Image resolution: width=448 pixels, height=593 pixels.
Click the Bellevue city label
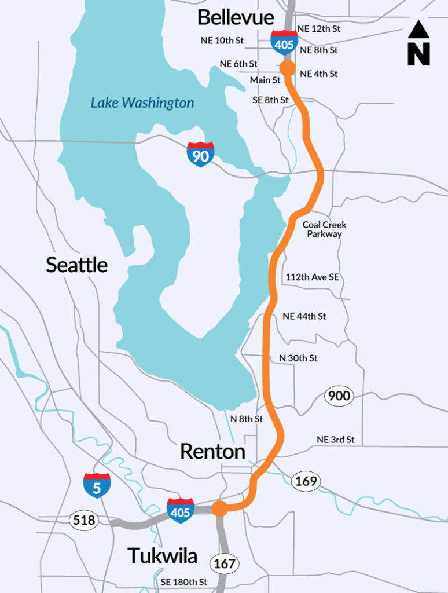(x=236, y=17)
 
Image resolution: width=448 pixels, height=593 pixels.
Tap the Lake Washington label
(x=142, y=104)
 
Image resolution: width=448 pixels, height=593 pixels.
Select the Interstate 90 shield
(x=200, y=155)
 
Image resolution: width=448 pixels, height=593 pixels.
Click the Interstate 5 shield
(x=97, y=485)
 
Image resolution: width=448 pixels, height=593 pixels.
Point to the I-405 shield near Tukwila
(x=181, y=510)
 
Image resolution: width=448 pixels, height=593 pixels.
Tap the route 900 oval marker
(x=339, y=397)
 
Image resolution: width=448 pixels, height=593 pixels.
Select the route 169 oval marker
(x=305, y=481)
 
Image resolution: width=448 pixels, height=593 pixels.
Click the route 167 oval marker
(x=225, y=563)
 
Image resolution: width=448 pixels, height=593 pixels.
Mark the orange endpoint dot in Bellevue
(x=287, y=68)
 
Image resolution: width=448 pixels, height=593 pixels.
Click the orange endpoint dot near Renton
(x=219, y=508)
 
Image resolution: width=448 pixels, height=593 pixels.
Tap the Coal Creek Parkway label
(x=324, y=229)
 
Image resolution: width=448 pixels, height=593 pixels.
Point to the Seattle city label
(x=76, y=265)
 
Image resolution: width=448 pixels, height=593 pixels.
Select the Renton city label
(x=212, y=451)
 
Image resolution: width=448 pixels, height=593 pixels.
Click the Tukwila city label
(x=163, y=556)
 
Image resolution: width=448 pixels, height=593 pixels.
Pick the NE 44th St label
(x=304, y=316)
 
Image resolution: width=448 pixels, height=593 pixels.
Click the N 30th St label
(x=298, y=358)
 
